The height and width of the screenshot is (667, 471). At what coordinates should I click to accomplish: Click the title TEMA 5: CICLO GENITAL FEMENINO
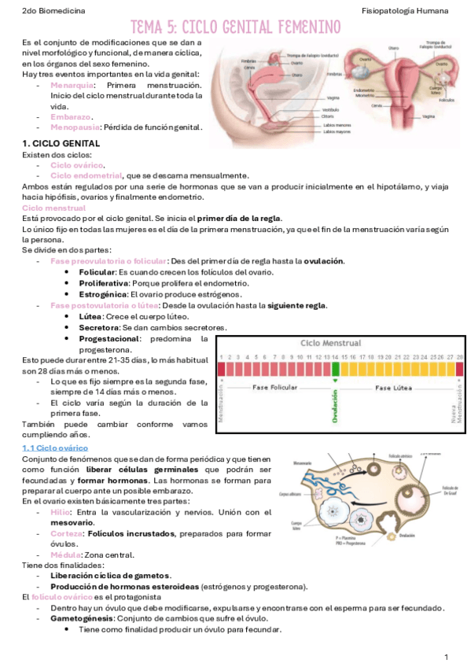click(235, 28)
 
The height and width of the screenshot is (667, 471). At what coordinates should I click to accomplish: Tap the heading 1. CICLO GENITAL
click(61, 144)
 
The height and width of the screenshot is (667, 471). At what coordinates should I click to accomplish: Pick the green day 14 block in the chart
click(335, 368)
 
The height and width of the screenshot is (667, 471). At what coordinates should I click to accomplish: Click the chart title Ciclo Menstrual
click(331, 344)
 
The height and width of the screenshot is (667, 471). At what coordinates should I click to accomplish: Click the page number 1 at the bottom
click(446, 656)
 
